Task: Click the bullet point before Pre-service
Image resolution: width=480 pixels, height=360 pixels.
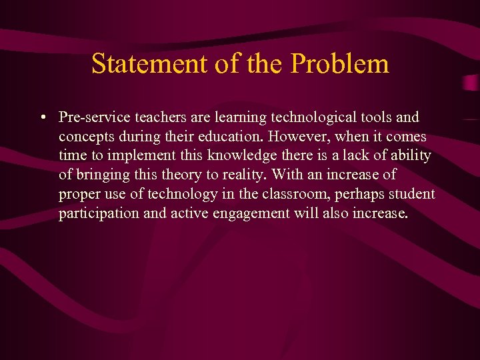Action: (x=42, y=118)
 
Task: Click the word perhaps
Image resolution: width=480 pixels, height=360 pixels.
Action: (x=356, y=195)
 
